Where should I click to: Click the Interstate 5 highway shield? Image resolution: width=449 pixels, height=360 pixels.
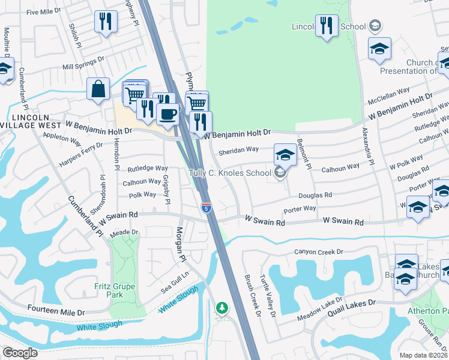(206, 208)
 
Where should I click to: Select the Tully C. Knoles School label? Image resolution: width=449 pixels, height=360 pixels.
(230, 173)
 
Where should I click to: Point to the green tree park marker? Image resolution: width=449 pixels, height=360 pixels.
(222, 308)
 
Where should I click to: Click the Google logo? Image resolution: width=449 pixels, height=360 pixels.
(20, 352)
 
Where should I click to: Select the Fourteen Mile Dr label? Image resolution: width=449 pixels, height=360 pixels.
(56, 312)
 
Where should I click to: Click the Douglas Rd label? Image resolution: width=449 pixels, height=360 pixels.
(316, 195)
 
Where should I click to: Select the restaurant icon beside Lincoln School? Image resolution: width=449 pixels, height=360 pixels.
(327, 26)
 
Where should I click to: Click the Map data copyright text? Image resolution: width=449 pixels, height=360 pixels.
(424, 355)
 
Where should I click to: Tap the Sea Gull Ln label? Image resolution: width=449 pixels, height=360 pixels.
(175, 274)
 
